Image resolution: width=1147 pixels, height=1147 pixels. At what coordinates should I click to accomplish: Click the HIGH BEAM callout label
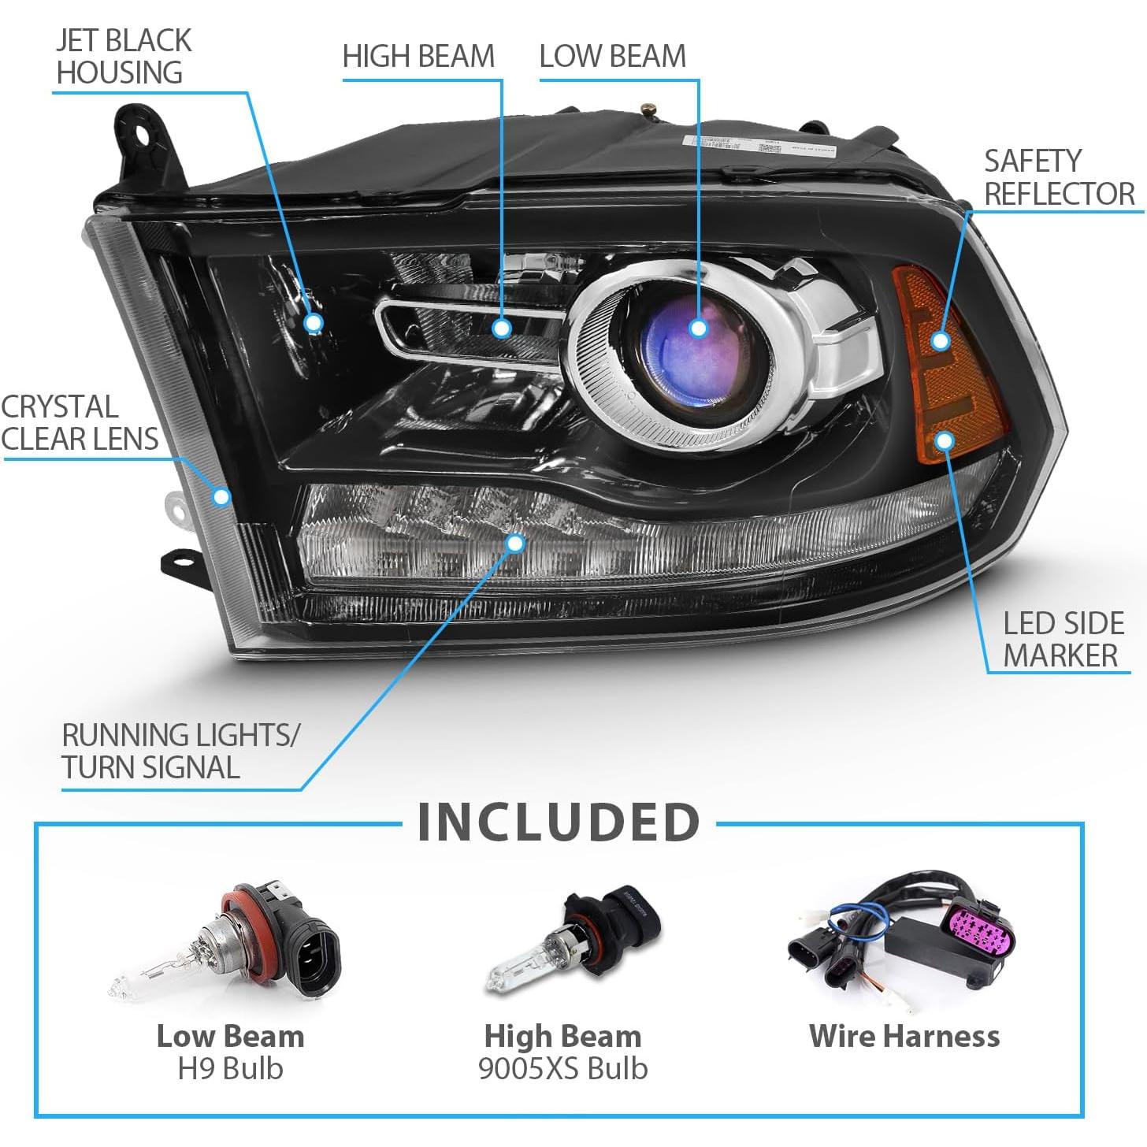point(418,57)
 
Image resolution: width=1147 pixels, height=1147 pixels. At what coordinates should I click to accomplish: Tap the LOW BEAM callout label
point(612,57)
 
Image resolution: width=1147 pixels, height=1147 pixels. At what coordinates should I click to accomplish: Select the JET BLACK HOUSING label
point(124,57)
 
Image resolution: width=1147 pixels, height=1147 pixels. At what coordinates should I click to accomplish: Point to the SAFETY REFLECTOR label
point(1059,177)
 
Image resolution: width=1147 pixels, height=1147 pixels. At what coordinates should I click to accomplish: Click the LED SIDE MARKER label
point(1063,639)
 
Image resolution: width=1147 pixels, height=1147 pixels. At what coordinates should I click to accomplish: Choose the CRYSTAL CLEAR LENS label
point(79,423)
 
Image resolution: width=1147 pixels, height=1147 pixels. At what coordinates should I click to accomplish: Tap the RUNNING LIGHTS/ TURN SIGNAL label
point(180,751)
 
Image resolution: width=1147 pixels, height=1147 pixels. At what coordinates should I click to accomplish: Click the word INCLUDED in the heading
point(559,822)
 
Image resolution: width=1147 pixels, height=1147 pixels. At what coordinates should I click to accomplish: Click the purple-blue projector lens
point(698,347)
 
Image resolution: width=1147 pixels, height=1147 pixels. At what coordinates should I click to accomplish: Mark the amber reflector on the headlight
point(949,370)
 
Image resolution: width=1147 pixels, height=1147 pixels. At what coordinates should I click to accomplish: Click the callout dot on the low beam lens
point(698,328)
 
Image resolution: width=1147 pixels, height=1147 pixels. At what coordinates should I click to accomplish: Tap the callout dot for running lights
point(515,543)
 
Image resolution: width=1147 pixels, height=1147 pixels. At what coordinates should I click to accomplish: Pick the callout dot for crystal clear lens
point(221,496)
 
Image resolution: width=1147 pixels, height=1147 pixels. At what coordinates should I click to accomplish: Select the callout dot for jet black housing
point(314,322)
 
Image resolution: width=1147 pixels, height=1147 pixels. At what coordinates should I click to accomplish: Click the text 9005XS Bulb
point(562,1068)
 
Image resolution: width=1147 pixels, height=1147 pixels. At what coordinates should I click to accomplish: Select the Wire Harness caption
point(904,1036)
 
